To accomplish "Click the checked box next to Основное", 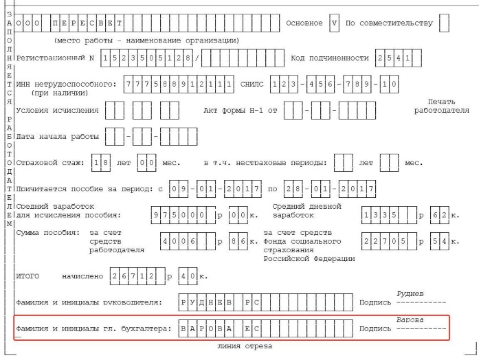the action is pyautogui.click(x=334, y=23).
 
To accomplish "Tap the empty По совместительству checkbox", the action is pyautogui.click(x=444, y=23).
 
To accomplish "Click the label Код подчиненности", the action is pyautogui.click(x=329, y=58).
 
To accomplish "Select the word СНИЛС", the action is pyautogui.click(x=251, y=84).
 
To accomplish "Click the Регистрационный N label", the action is pyautogui.click(x=55, y=58).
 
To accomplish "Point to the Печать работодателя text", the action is pyautogui.click(x=441, y=106).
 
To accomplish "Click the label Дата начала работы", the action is pyautogui.click(x=57, y=137).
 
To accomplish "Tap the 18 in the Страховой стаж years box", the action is pyautogui.click(x=101, y=163).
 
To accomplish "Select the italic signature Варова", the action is pyautogui.click(x=410, y=320).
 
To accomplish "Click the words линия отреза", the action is pyautogui.click(x=245, y=346).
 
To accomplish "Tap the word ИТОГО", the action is pyautogui.click(x=27, y=276).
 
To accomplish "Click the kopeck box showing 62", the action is pyautogui.click(x=440, y=215).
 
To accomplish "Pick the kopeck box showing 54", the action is pyautogui.click(x=440, y=241).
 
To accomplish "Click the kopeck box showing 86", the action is pyautogui.click(x=238, y=241).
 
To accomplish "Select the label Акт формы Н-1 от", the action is pyautogui.click(x=240, y=111).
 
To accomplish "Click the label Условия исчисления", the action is pyautogui.click(x=57, y=111).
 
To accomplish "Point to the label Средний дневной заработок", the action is pyautogui.click(x=306, y=211).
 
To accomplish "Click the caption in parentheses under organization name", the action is pyautogui.click(x=146, y=41).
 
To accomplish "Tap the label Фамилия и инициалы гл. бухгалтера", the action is pyautogui.click(x=93, y=328).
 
